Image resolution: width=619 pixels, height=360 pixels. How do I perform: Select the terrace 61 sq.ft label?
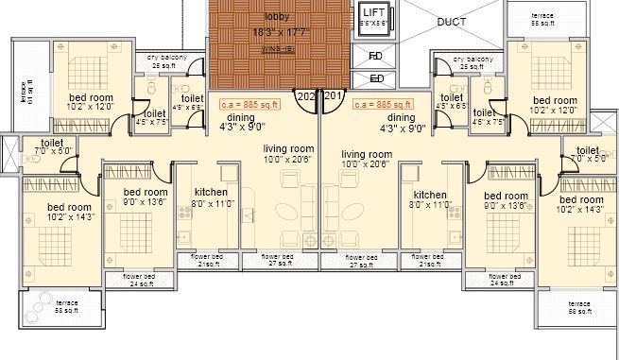tap(25, 92)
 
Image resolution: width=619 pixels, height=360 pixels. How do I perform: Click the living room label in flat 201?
tap(367, 153)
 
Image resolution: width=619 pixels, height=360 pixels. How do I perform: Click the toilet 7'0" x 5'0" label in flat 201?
tap(587, 153)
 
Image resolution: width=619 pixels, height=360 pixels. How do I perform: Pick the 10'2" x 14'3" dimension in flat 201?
tap(580, 210)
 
